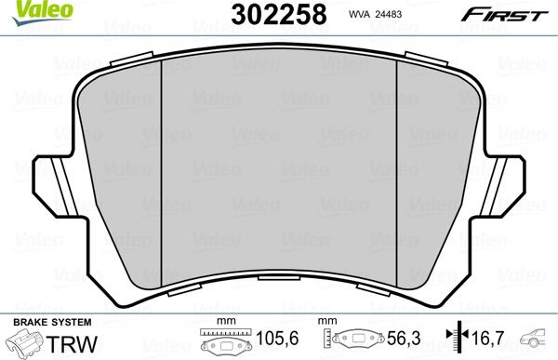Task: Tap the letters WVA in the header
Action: pyautogui.click(x=335, y=15)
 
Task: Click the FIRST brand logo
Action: pyautogui.click(x=513, y=14)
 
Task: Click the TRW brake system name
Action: pyautogui.click(x=74, y=341)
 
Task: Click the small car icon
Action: pyautogui.click(x=538, y=339)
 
